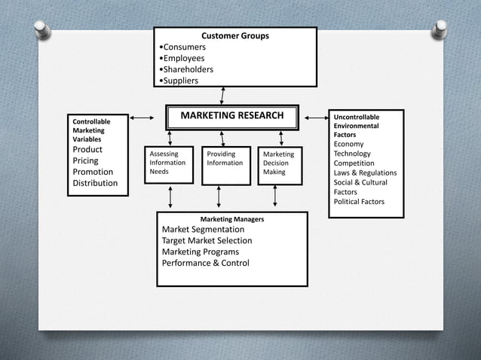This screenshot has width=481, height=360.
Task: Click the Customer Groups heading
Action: [x=234, y=35]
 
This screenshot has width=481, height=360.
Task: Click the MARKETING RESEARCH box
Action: [x=232, y=116]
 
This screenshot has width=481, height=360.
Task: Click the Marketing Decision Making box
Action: [x=279, y=164]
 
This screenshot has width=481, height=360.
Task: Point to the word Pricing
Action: [x=85, y=160]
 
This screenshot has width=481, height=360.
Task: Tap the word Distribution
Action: [x=95, y=183]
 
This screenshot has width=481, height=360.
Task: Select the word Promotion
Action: [x=93, y=172]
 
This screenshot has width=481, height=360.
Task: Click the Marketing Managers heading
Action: [x=232, y=219]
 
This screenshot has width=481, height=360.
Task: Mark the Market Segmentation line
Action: [x=203, y=230]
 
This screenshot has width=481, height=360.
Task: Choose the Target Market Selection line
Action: [x=207, y=241]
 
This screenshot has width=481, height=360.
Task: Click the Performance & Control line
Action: [x=205, y=263]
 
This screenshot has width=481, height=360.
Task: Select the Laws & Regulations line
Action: [x=365, y=173]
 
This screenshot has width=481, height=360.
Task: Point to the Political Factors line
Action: [x=359, y=202]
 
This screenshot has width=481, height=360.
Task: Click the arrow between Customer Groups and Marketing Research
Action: [x=222, y=95]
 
